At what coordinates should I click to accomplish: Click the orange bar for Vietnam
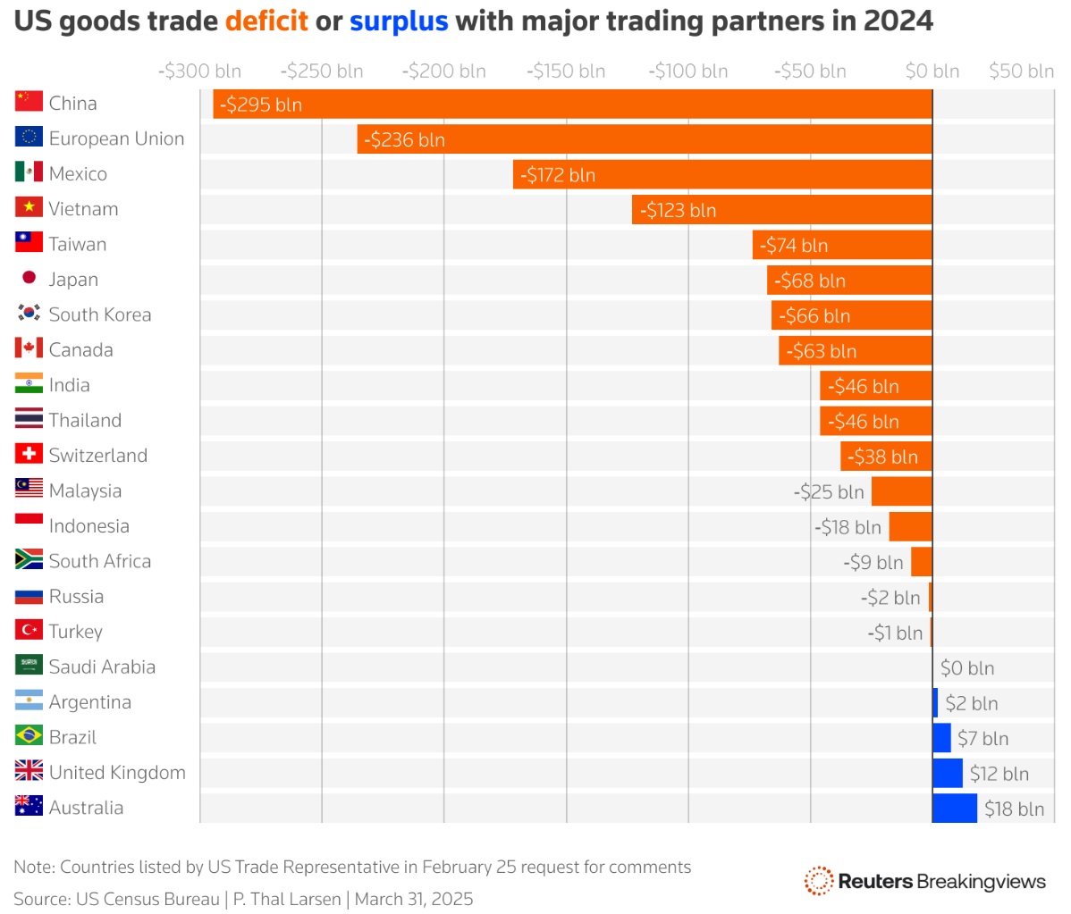point(782,210)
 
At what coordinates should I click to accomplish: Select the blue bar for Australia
point(955,809)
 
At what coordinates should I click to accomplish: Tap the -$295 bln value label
point(261,105)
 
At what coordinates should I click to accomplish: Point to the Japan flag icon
point(29,277)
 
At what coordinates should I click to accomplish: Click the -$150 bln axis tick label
point(566,71)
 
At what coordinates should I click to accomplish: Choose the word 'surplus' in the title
point(399,21)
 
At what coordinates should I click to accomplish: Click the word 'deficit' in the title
point(266,21)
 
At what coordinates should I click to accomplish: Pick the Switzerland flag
point(29,453)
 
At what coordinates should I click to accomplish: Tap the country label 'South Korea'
point(100,314)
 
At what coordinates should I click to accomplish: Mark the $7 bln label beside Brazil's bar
point(982,739)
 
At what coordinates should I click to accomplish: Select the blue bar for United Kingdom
point(948,773)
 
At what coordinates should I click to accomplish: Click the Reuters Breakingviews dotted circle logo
point(818,881)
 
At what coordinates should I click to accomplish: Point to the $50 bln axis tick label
point(1021,71)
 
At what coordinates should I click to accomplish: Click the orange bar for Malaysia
point(902,491)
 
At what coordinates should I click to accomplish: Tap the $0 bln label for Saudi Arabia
point(967,668)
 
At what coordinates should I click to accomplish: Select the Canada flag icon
point(29,348)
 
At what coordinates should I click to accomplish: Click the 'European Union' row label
point(117,138)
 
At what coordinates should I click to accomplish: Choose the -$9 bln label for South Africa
point(873,563)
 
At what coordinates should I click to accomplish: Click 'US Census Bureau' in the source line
point(148,899)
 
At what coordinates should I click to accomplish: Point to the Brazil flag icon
point(29,735)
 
